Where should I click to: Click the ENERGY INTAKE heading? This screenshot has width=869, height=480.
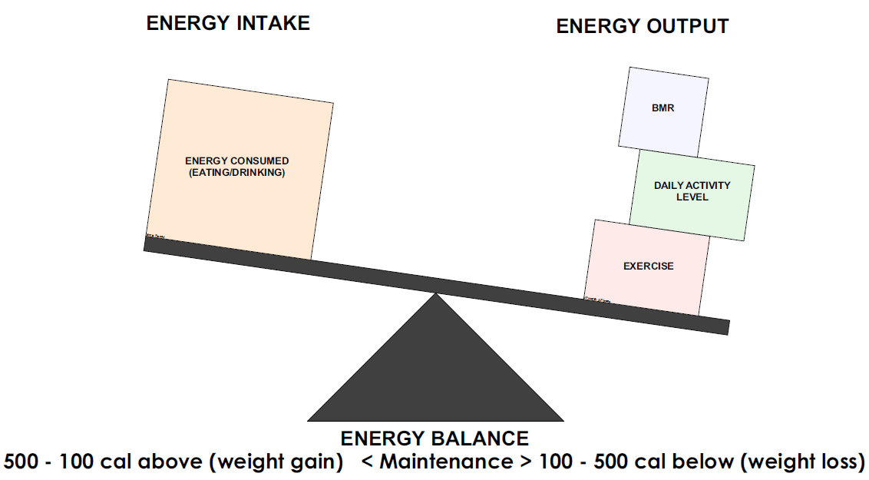tap(228, 23)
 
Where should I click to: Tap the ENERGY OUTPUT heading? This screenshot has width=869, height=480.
tap(642, 26)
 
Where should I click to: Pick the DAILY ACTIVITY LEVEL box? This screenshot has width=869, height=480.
tap(692, 191)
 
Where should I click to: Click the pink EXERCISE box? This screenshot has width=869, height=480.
tap(648, 266)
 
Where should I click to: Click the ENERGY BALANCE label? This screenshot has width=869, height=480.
tap(434, 439)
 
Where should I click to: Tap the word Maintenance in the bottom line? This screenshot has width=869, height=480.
tap(445, 462)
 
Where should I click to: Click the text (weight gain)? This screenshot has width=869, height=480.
tap(279, 462)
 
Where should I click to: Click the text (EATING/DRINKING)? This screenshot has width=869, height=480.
tap(237, 173)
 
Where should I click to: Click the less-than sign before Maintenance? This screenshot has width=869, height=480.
tap(367, 463)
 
